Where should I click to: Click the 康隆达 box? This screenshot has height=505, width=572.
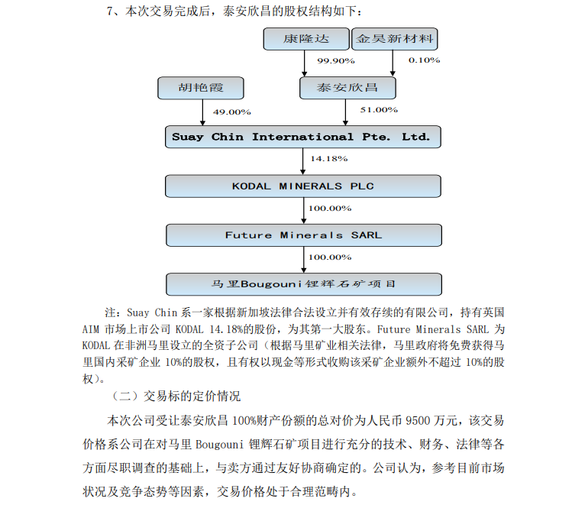(305, 39)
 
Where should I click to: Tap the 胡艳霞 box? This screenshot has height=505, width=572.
(202, 88)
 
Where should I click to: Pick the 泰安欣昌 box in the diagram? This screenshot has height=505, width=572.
(348, 88)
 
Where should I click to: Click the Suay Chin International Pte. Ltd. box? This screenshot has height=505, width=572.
(303, 138)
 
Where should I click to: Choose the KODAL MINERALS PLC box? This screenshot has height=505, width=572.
(303, 186)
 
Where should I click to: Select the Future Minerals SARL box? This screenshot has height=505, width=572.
(303, 235)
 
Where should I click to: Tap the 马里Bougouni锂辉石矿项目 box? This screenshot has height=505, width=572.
(303, 284)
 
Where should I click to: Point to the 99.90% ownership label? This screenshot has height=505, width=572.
(336, 60)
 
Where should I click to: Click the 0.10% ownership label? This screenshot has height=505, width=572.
(424, 60)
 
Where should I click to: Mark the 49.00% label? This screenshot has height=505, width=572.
(231, 112)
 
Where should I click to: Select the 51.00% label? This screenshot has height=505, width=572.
(379, 110)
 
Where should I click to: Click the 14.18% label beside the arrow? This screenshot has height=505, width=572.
(329, 159)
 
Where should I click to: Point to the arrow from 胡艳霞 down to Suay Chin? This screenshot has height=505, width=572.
(203, 113)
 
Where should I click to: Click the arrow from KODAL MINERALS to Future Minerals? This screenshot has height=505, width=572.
(304, 210)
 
